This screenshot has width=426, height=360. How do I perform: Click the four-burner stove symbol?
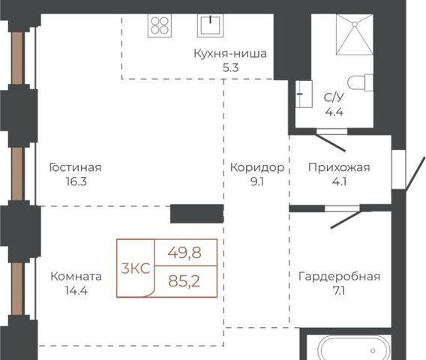(160, 25)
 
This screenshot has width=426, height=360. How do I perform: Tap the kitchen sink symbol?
(210, 25)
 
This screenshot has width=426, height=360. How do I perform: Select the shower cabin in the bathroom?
(355, 34)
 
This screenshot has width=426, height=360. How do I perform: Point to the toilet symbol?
(361, 82)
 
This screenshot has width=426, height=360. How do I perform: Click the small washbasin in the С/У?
(304, 94)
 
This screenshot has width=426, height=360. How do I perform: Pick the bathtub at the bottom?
(355, 348)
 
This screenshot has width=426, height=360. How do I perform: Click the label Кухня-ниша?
(230, 53)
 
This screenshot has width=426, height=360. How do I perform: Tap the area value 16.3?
(76, 181)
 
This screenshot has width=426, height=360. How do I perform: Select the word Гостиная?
(76, 167)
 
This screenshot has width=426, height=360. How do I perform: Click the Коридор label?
(257, 168)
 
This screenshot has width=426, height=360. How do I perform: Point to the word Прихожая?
(339, 167)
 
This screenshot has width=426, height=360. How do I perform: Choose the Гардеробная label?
(339, 277)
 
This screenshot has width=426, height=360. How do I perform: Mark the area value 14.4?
(76, 291)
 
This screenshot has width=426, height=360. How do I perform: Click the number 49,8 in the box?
(184, 253)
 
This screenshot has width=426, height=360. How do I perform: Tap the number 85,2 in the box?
(184, 281)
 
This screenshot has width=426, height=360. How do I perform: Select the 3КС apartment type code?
(136, 269)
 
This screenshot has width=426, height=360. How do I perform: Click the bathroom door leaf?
(331, 142)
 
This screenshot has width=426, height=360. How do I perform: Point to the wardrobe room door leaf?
(346, 220)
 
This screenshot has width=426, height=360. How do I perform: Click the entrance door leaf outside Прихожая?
(415, 173)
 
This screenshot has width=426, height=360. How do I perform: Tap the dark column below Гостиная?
(197, 214)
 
